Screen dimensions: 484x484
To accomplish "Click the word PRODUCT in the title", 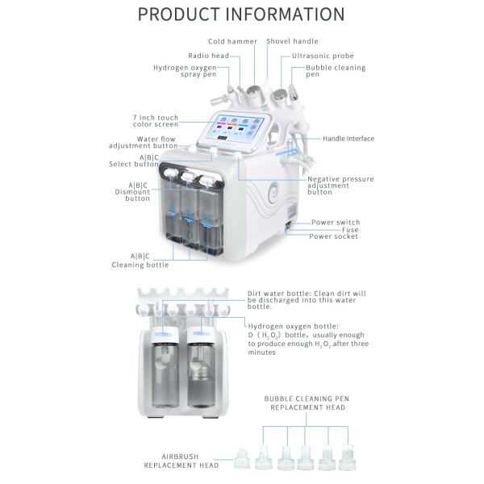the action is click(x=178, y=15).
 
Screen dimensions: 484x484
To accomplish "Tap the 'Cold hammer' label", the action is click(x=232, y=41).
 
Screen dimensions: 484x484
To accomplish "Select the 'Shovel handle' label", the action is click(x=292, y=41).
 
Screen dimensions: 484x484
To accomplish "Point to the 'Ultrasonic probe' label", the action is click(x=323, y=56).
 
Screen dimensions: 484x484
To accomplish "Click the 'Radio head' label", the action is click(x=208, y=56).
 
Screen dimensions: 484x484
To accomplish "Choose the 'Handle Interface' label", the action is click(x=348, y=139).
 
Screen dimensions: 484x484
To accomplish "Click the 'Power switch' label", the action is click(x=336, y=223).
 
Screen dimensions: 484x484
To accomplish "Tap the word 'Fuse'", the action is click(x=350, y=230).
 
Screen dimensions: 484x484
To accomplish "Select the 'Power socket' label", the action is click(x=334, y=236).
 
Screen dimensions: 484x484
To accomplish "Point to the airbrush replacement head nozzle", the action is click(x=242, y=459).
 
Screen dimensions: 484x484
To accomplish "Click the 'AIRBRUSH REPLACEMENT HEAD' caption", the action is click(x=181, y=461).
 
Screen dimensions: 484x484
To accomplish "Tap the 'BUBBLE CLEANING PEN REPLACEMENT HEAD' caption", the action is click(x=307, y=403).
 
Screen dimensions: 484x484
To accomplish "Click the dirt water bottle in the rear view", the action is click(x=165, y=368).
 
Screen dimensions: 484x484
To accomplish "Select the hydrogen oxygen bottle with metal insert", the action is click(x=201, y=368).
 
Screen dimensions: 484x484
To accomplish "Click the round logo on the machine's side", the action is click(x=274, y=189).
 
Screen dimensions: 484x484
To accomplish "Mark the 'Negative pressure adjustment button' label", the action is click(x=340, y=186).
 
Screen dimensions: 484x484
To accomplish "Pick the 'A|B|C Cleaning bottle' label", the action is click(x=140, y=261).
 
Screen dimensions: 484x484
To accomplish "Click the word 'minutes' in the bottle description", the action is click(x=261, y=353).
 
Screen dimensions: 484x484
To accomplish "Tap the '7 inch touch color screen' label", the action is click(x=156, y=121).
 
